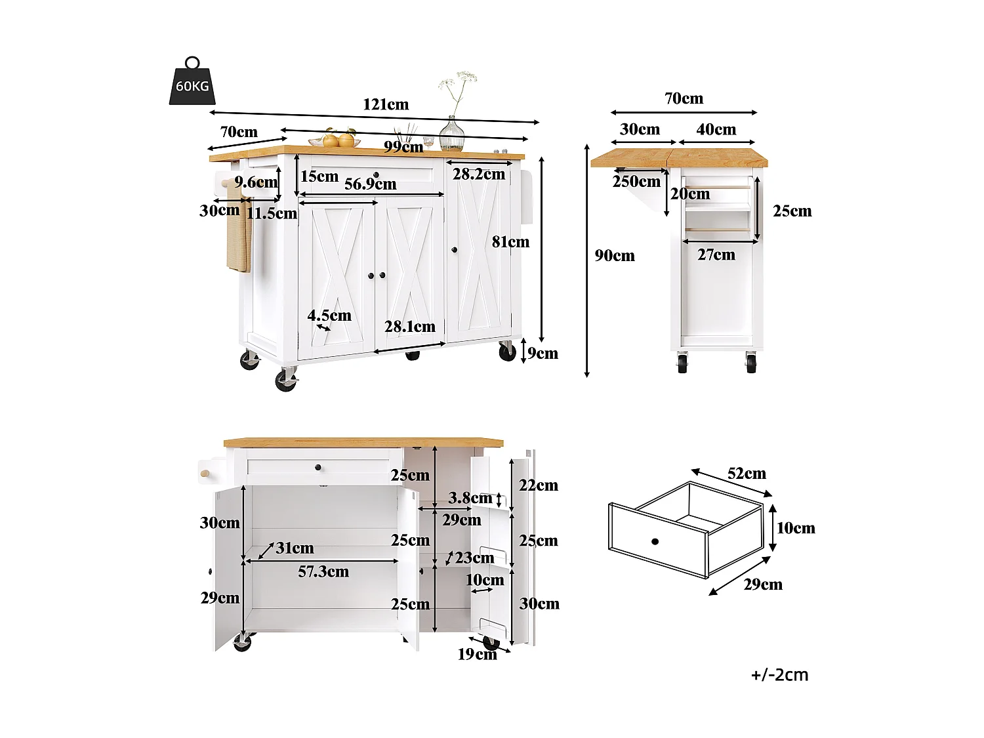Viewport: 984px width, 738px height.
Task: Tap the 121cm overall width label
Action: click(386, 104)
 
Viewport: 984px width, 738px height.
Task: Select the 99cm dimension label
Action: click(403, 147)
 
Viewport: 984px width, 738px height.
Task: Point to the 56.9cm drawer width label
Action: click(371, 184)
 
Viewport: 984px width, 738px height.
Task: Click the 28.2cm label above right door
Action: click(479, 174)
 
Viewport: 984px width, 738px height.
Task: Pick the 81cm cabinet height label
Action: click(510, 242)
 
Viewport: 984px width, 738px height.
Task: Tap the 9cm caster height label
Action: click(543, 354)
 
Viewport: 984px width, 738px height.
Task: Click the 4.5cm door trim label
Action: click(329, 316)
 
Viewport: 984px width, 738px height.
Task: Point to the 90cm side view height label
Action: click(615, 256)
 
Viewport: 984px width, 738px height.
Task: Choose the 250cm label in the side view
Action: click(636, 182)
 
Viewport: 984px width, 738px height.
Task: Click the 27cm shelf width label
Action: click(716, 255)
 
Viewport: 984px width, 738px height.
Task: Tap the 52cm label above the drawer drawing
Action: click(747, 474)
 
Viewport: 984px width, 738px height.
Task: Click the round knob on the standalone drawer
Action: click(655, 541)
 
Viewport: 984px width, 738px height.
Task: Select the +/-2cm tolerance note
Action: click(779, 675)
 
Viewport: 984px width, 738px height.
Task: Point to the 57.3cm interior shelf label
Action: click(323, 572)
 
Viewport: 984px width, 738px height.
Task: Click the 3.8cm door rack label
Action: click(470, 498)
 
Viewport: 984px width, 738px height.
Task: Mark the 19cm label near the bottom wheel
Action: click(477, 654)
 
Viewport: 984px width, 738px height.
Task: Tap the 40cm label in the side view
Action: click(716, 129)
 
